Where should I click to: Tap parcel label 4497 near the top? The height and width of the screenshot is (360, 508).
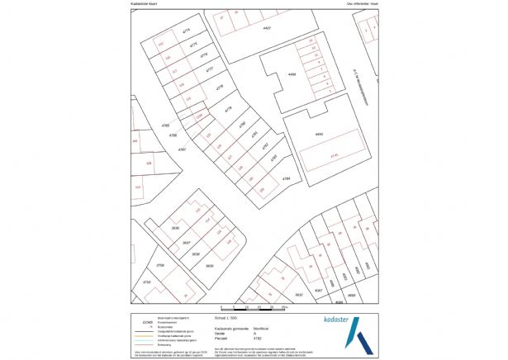coord(266,29)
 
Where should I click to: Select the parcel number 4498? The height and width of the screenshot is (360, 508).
coord(291,74)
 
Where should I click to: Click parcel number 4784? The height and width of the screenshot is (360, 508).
coord(286,178)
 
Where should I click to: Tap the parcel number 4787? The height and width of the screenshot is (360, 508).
coord(181,149)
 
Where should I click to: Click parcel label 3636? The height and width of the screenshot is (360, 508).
coord(175,227)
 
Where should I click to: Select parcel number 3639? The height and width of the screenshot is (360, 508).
coord(209,266)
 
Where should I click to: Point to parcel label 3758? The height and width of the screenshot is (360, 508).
coord(161,265)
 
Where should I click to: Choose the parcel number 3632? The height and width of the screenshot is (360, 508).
coord(300,293)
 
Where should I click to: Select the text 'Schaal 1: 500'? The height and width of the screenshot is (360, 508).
coord(226,316)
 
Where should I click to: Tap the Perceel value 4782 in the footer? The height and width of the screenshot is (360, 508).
coord(259,338)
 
